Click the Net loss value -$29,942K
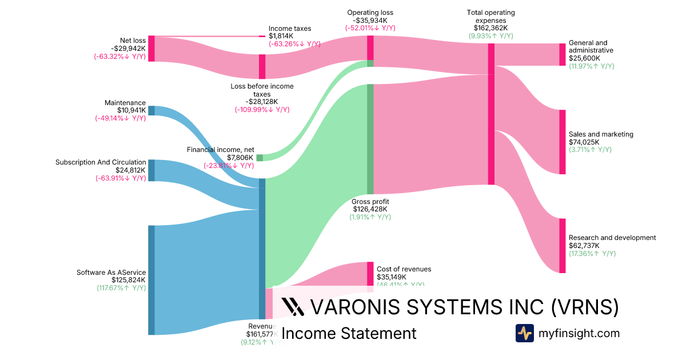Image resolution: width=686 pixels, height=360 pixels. click(x=129, y=49)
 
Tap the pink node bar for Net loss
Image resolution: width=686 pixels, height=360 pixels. click(x=151, y=49)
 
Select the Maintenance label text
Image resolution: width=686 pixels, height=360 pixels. click(x=125, y=103)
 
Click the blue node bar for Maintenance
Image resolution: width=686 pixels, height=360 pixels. click(x=151, y=111)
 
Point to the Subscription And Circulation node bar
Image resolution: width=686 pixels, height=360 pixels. click(x=151, y=170)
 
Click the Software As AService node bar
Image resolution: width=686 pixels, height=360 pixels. click(x=151, y=280)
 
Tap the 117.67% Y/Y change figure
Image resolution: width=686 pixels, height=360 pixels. click(x=121, y=288)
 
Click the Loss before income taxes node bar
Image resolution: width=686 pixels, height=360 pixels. click(x=262, y=66)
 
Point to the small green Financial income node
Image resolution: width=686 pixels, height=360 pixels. click(x=260, y=158)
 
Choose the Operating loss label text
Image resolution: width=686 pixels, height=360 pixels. click(x=370, y=13)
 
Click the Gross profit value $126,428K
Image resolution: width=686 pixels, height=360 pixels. click(x=370, y=209)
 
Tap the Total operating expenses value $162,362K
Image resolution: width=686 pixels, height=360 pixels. click(x=490, y=27)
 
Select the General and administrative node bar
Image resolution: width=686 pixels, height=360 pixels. click(x=562, y=54)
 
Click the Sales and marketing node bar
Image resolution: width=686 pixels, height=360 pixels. click(x=562, y=142)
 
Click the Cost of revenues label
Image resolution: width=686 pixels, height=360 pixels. click(x=404, y=269)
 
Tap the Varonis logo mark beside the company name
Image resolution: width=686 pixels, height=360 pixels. click(x=293, y=307)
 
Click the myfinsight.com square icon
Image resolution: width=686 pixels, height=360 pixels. click(x=524, y=333)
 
